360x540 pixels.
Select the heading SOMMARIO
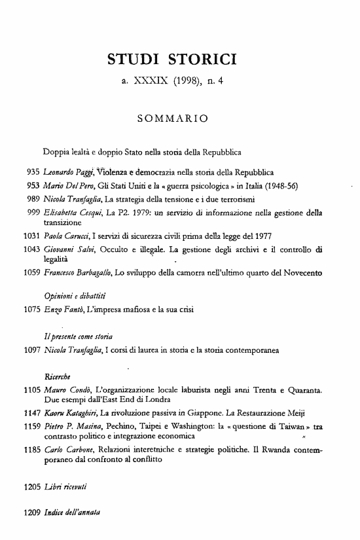click(x=173, y=119)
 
